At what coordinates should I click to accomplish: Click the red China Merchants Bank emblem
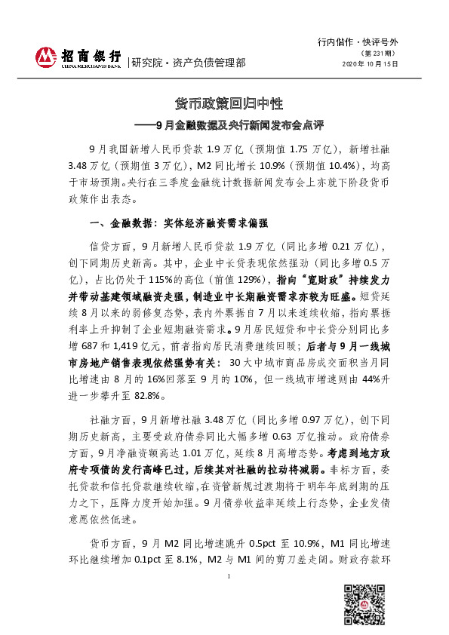tap(48, 56)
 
